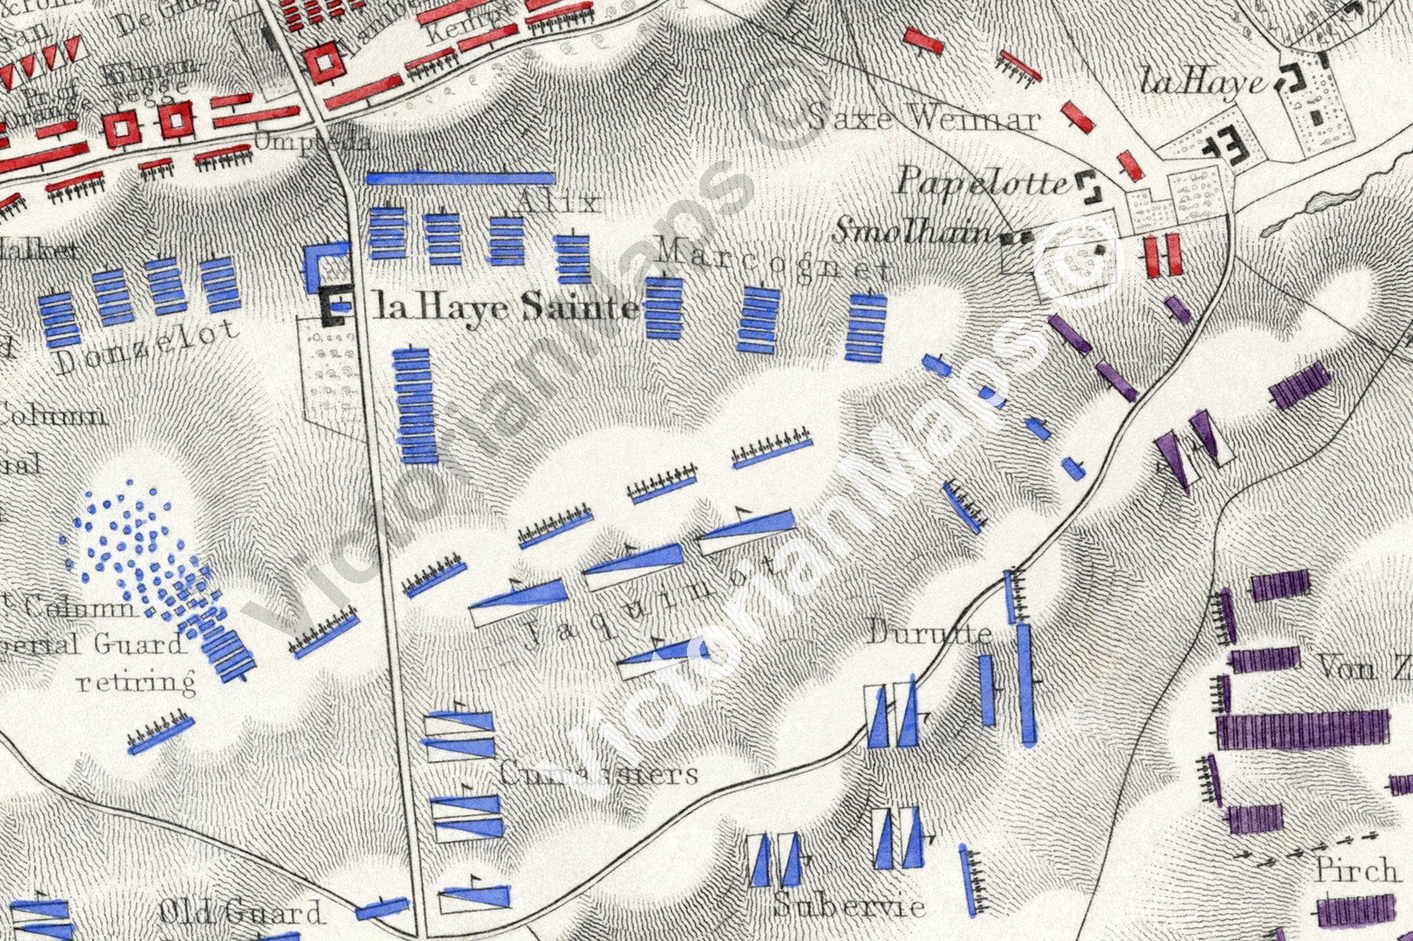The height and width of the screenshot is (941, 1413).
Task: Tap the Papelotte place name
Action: click(983, 182)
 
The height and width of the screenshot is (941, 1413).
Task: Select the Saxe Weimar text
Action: click(924, 119)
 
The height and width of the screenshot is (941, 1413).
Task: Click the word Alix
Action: click(557, 202)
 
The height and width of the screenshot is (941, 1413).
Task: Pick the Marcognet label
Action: click(774, 261)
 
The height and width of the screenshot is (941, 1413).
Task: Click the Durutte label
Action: click(929, 634)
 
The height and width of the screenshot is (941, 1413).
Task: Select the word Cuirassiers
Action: click(598, 773)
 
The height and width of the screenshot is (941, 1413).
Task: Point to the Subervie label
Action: click(849, 906)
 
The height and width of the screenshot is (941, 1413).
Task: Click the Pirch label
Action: click(1355, 870)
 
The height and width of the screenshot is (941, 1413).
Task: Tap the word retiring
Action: click(136, 680)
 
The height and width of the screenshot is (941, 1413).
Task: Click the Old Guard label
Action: click(241, 912)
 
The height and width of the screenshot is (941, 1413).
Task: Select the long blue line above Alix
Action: click(460, 178)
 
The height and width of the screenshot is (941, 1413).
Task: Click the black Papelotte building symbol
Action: click(1088, 186)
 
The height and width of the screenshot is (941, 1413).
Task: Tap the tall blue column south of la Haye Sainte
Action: click(415, 407)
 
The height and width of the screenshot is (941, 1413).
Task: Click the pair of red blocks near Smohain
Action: click(1162, 255)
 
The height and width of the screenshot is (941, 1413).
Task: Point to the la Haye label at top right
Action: click(1202, 81)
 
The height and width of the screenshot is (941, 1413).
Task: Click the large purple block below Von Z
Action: click(1302, 729)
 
